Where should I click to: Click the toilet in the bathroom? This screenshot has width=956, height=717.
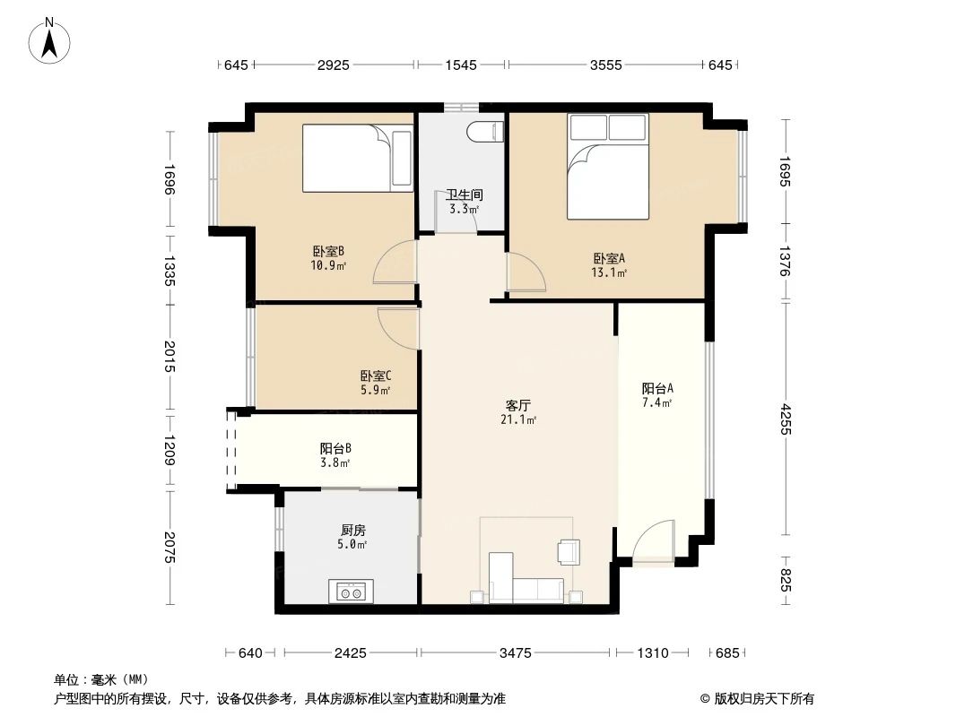(482, 131)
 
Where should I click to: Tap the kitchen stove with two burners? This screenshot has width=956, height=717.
(351, 591)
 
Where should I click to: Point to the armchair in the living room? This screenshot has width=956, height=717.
(569, 551)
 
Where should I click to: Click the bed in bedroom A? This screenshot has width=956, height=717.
(607, 168)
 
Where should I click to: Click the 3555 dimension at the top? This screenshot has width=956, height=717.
(604, 65)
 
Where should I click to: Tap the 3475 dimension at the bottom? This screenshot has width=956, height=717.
(517, 653)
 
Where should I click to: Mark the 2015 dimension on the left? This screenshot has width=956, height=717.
(169, 358)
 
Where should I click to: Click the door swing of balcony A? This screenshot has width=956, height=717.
(652, 542)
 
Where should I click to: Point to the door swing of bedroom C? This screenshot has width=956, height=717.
(398, 326)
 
